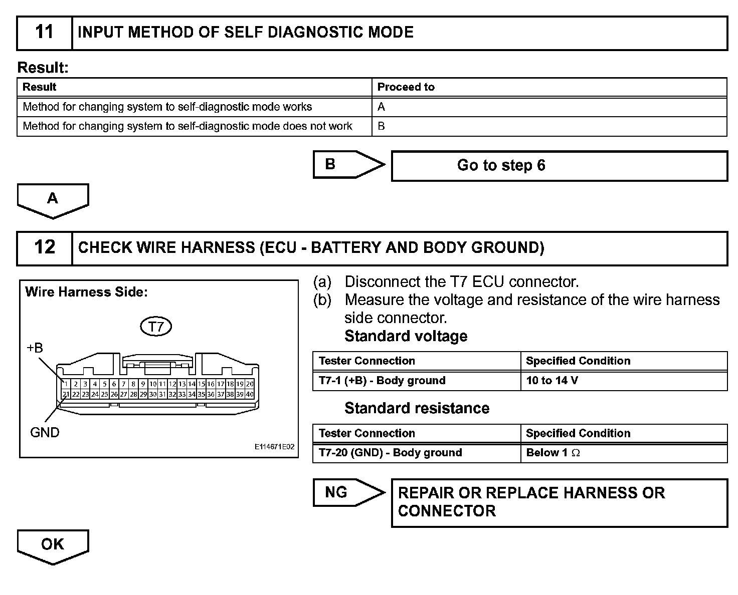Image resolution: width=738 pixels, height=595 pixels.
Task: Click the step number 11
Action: click(x=44, y=33)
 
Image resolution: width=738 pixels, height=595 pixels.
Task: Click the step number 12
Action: click(x=44, y=247)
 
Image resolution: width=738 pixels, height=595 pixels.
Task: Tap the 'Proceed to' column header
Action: click(x=406, y=87)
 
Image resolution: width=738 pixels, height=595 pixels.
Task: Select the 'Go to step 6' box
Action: click(x=559, y=166)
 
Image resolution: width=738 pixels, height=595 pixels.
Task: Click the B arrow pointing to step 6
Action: click(x=348, y=164)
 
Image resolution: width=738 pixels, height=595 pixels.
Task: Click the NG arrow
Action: click(x=348, y=492)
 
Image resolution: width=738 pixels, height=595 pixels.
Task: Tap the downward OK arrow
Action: click(x=53, y=546)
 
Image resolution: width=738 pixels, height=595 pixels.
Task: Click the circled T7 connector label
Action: click(x=156, y=327)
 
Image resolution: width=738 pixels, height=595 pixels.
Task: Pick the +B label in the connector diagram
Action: click(x=35, y=348)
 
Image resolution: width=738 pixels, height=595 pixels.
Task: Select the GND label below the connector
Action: click(x=45, y=432)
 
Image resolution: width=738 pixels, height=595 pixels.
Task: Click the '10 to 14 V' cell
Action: click(x=552, y=381)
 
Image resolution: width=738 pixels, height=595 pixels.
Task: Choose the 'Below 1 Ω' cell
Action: click(x=553, y=453)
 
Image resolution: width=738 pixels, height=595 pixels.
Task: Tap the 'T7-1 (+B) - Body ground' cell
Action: click(x=382, y=381)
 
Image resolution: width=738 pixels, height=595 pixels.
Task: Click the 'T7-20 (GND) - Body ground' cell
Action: click(x=390, y=453)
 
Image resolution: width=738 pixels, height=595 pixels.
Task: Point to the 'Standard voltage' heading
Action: click(x=406, y=336)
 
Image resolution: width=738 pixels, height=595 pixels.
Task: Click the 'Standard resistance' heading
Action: click(x=417, y=408)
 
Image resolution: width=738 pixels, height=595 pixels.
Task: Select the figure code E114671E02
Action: click(x=274, y=447)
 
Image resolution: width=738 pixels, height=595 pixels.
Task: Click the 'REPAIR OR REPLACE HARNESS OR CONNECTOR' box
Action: click(x=559, y=502)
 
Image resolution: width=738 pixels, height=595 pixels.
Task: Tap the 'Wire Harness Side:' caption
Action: click(x=86, y=292)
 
